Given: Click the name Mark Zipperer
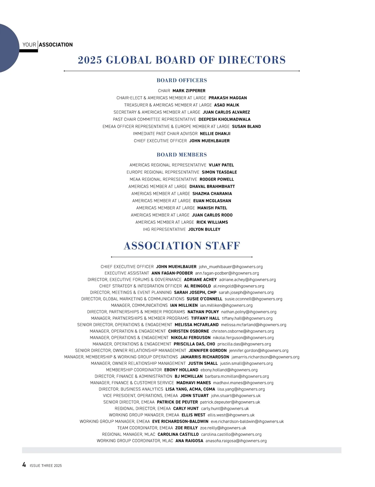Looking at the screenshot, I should point(189,91).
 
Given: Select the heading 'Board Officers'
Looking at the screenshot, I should point(182,80).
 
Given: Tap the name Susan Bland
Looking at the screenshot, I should point(246,127).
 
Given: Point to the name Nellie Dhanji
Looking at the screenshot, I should point(215,134).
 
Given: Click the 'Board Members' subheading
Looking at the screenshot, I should point(182,155).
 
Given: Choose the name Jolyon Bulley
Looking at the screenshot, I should point(204,229).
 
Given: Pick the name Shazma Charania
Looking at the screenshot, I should point(212,194).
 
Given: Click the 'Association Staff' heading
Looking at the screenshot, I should point(182,246).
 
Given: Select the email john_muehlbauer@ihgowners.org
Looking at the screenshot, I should point(231,267).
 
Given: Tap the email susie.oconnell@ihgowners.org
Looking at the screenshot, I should point(253,299).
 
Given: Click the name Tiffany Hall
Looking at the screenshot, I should point(205,318).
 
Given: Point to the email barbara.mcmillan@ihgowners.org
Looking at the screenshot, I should point(237,376).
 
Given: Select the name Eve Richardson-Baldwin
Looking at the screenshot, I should point(180,421).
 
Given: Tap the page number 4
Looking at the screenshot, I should point(24,465).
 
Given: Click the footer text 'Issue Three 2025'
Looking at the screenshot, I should point(46,466).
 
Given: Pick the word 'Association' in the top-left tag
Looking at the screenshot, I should point(56,45).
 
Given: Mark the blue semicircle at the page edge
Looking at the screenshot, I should point(8,48).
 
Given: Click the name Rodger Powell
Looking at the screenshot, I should point(217,179).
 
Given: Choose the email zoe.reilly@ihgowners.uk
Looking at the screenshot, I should point(223,428).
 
